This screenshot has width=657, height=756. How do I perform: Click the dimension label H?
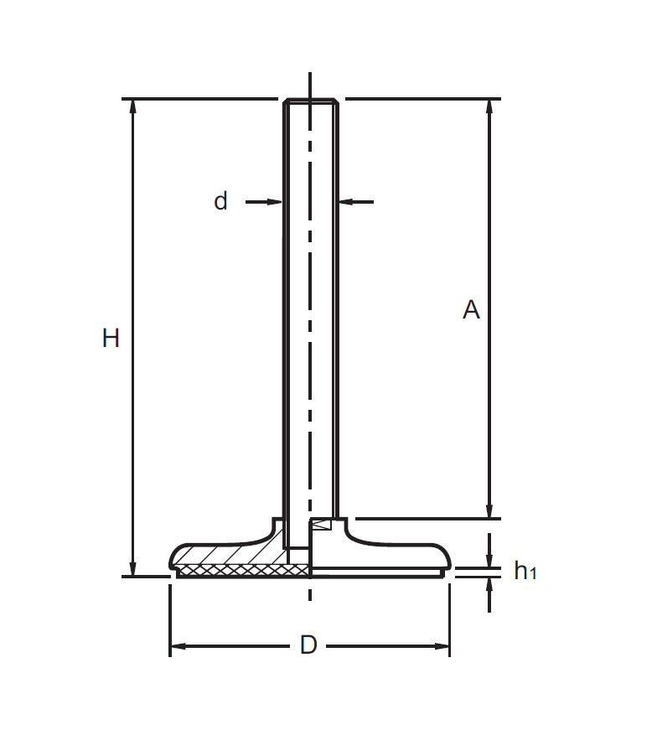coord(111,339)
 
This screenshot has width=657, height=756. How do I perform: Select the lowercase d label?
coord(220,201)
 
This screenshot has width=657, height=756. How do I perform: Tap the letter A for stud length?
coord(471,310)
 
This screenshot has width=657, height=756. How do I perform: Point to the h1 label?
coord(525,572)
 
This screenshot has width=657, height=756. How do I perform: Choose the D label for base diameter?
coord(308,646)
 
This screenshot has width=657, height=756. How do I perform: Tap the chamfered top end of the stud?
coord(311,102)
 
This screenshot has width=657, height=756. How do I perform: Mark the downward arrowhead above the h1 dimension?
coord(490,560)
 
